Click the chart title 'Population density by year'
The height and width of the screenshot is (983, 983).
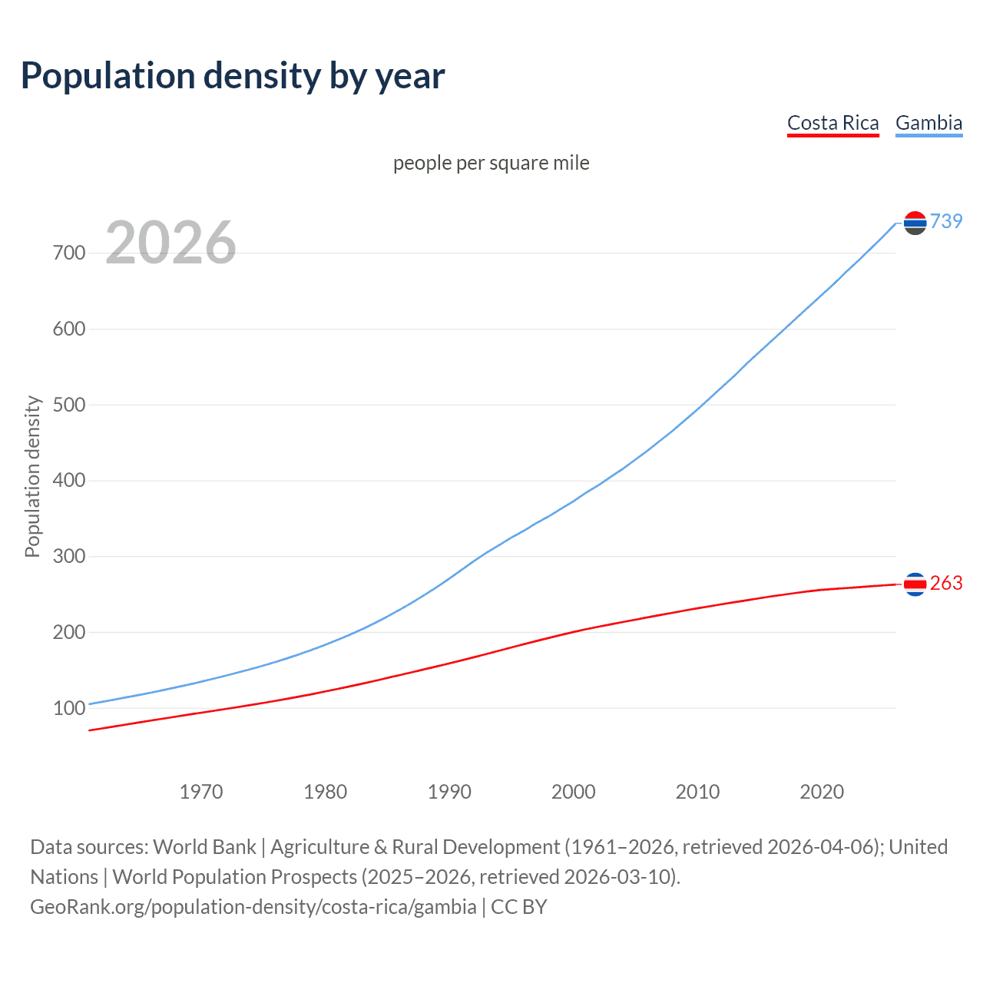233,76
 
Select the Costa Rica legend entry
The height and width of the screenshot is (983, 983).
832,123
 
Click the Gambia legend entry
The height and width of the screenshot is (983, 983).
928,123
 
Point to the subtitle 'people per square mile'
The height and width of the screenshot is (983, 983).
491,164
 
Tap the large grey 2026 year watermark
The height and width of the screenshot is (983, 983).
170,243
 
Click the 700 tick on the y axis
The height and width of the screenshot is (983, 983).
69,253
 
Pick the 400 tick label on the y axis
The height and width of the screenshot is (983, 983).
69,481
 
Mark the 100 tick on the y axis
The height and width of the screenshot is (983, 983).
69,708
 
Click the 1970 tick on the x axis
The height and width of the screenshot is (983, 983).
201,792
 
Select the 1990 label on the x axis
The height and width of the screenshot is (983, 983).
449,792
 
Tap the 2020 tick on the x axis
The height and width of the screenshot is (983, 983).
822,792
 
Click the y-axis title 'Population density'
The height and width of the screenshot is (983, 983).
32,476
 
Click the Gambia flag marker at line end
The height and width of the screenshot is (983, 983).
915,223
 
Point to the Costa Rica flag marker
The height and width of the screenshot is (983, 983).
915,584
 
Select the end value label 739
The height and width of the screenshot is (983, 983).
946,221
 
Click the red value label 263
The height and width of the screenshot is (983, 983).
946,584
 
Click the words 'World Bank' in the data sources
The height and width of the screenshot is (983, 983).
204,847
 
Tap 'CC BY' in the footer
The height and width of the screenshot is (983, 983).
519,907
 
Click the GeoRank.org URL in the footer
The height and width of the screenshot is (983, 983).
253,907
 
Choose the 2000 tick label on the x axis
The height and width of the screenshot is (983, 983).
574,792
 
